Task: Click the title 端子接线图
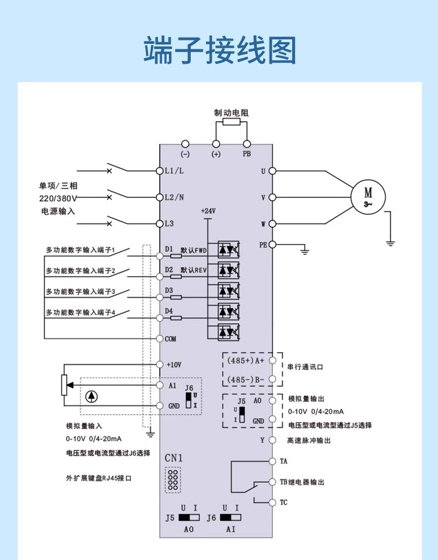tap(220, 52)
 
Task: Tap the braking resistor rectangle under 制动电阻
tap(231, 123)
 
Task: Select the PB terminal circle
tap(247, 144)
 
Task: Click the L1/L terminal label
tap(175, 171)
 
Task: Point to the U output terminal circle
tap(272, 171)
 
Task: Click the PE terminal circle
tap(272, 245)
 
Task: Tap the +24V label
tap(208, 211)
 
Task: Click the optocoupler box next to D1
tap(228, 250)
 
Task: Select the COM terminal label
tap(171, 339)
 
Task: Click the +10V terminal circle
tap(160, 364)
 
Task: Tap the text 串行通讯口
tap(304, 367)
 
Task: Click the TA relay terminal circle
tap(272, 461)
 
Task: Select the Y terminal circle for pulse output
tap(272, 440)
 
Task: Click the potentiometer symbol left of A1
tap(64, 385)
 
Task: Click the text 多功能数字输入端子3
tap(80, 291)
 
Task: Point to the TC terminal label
tap(283, 503)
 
